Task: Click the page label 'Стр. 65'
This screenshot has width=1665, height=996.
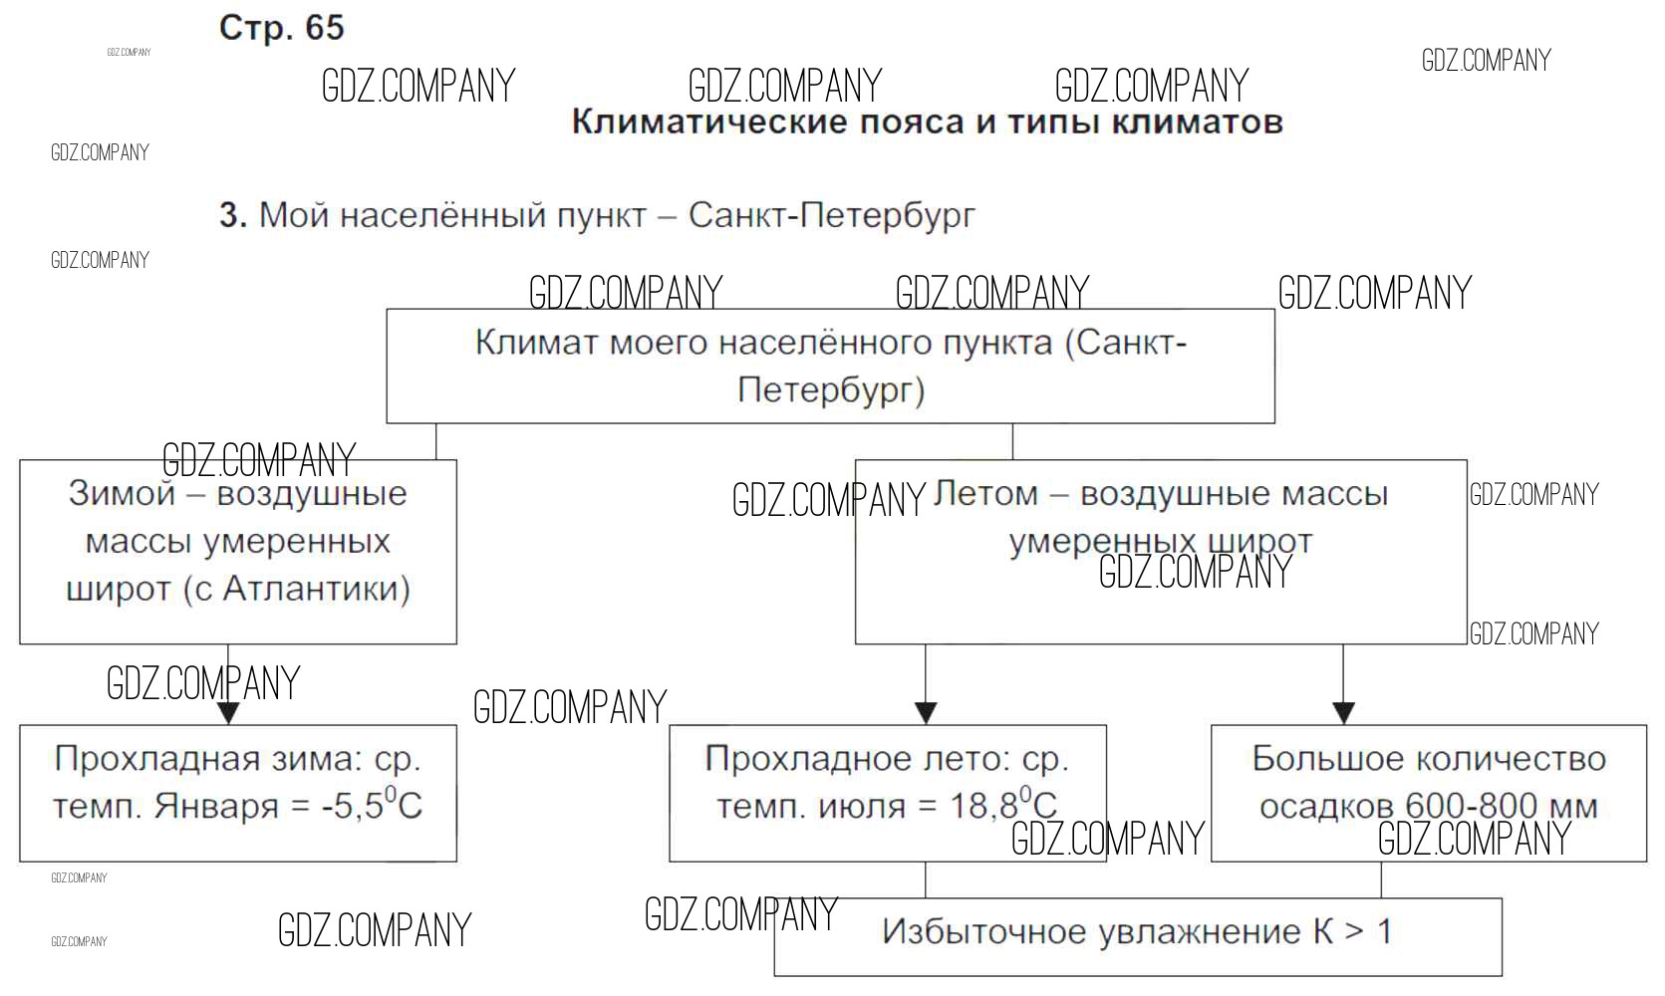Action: pos(281,28)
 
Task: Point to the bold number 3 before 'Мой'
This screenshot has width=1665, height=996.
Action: pos(232,215)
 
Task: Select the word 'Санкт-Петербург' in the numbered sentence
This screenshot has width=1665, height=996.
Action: pos(831,215)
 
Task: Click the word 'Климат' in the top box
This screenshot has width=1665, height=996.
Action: pos(536,343)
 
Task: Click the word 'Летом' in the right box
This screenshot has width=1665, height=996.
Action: pos(984,494)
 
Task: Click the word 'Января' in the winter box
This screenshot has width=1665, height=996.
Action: pos(215,806)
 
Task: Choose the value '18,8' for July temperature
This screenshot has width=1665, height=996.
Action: pos(982,806)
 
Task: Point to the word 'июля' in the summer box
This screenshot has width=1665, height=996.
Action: pos(863,806)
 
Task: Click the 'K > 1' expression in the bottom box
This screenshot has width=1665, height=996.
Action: pos(1352,932)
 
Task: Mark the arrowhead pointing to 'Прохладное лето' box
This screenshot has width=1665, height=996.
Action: pos(926,712)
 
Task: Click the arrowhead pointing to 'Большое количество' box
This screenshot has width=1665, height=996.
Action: pos(1343,712)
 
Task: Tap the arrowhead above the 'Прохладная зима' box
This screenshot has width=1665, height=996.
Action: pos(228,712)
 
